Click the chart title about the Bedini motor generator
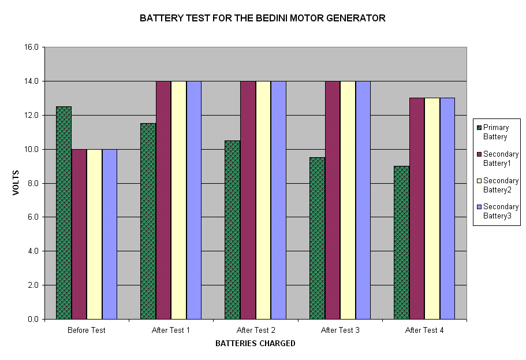tap(263, 18)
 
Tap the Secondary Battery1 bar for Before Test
tap(79, 234)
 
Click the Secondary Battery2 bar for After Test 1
tap(178, 200)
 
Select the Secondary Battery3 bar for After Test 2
tap(278, 200)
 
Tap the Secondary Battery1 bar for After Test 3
tap(333, 200)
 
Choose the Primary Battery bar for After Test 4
tap(401, 243)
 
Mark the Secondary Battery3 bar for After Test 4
tap(447, 209)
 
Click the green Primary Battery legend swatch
tap(478, 128)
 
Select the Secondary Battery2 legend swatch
tap(478, 181)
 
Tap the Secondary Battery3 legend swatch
tap(478, 207)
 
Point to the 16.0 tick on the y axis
tap(31, 47)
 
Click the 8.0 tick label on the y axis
tap(31, 183)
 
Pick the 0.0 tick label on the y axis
tap(31, 319)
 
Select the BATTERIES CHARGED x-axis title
tap(255, 343)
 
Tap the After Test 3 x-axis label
tap(340, 331)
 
